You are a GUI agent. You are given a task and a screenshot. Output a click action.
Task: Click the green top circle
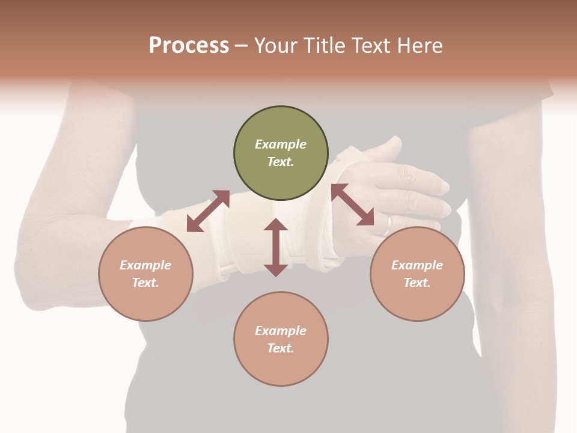click(281, 153)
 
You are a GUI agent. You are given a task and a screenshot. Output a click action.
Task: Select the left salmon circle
click(145, 274)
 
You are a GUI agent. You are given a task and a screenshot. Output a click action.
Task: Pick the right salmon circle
click(417, 274)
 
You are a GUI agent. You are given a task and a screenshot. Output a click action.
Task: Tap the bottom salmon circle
click(281, 339)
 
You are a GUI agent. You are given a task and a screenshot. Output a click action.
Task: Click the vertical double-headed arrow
click(276, 247)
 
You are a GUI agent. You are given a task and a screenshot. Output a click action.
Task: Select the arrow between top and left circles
click(208, 211)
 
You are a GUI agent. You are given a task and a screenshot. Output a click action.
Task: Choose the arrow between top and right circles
click(353, 204)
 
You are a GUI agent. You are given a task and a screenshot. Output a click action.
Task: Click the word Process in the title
click(189, 46)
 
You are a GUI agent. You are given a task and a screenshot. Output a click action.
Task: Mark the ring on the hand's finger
click(388, 224)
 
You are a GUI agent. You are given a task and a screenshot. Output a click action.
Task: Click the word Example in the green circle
click(281, 144)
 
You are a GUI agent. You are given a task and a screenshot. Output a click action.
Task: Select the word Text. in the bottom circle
click(281, 348)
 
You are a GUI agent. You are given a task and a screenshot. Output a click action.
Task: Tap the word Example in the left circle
click(145, 265)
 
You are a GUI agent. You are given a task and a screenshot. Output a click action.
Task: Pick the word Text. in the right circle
click(417, 283)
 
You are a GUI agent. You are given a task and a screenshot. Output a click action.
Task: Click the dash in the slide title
click(242, 46)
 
